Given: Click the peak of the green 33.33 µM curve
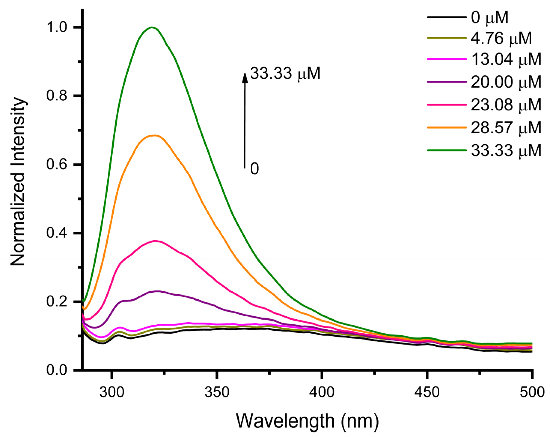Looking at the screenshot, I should (152, 27).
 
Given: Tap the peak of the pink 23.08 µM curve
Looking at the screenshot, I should (155, 241).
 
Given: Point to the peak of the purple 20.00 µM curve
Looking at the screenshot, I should (158, 291).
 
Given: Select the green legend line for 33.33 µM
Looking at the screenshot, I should (446, 150).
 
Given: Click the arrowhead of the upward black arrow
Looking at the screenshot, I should (245, 77).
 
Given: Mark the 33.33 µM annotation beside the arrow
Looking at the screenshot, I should (285, 74).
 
